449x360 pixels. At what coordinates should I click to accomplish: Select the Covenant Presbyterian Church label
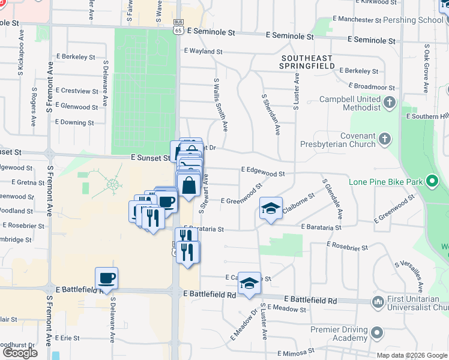pos(340,140)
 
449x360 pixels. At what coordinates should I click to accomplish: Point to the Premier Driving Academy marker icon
pos(376,332)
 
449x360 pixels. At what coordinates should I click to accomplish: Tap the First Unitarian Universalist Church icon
pos(378,301)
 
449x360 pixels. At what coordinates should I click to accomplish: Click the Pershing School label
pos(415,19)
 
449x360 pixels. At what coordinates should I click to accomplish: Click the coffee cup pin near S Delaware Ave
pos(106,278)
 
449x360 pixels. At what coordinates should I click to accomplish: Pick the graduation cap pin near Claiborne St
pos(271,208)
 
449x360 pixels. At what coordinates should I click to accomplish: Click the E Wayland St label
pos(203,52)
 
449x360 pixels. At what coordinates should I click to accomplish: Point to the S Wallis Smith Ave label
pos(220,104)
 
